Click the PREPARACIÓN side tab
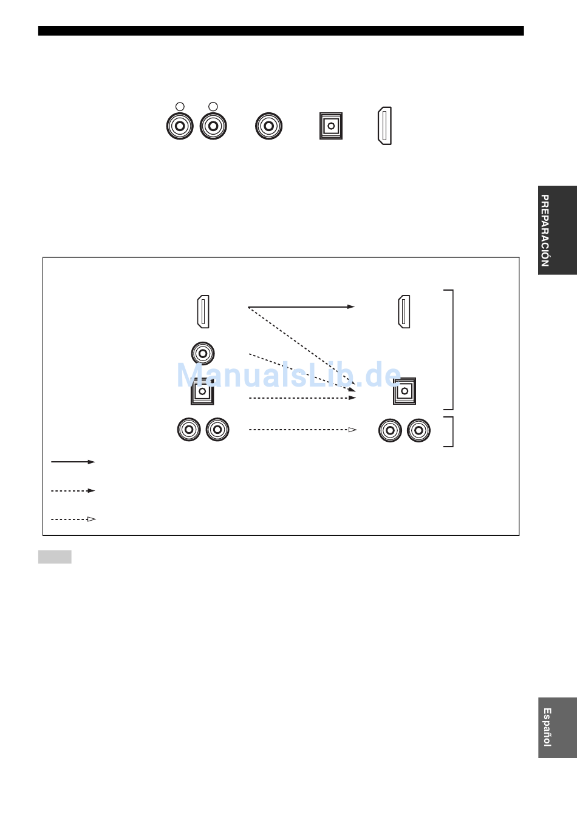click(558, 230)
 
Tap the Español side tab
click(558, 728)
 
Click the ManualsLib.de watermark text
click(288, 375)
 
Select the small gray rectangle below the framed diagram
click(55, 556)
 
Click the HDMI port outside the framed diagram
click(385, 126)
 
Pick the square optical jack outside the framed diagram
click(331, 126)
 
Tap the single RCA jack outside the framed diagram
click(268, 126)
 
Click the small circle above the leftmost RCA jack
click(180, 106)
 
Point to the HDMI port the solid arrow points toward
click(404, 311)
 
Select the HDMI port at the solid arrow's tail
click(203, 311)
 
